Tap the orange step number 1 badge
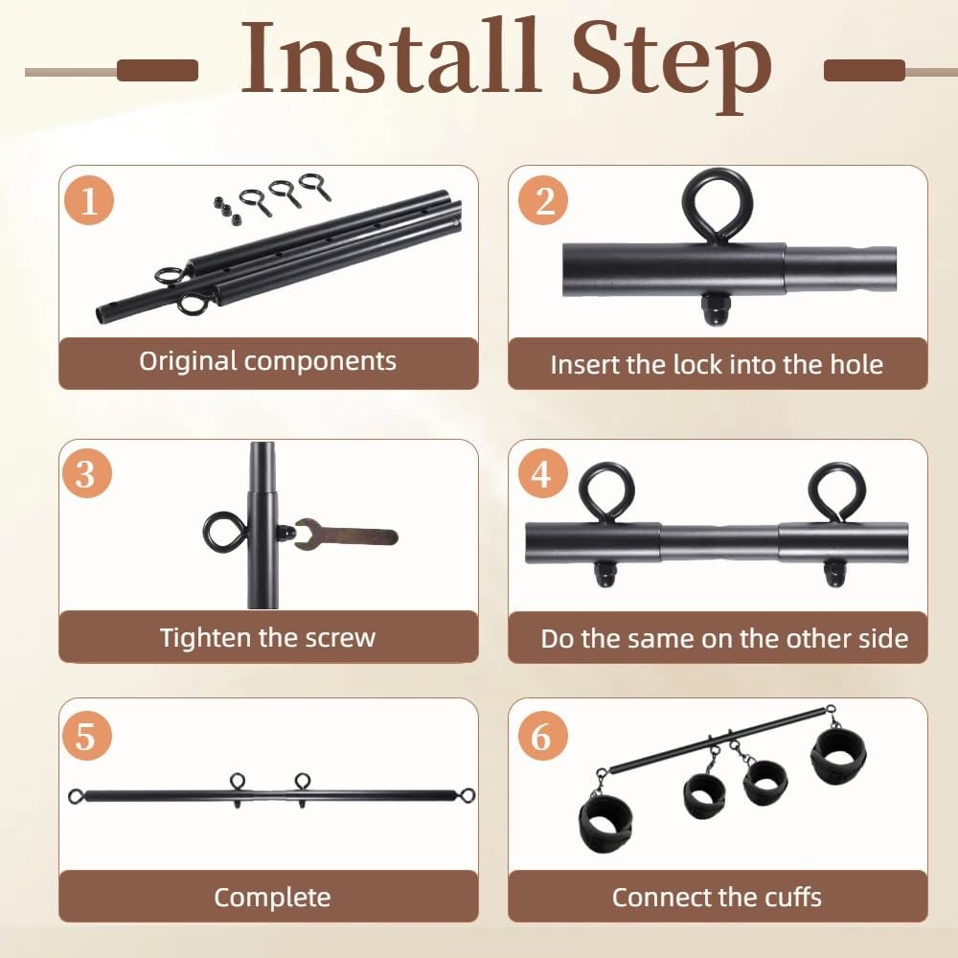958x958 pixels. click(89, 200)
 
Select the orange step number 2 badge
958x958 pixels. click(543, 200)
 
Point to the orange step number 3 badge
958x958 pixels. click(87, 473)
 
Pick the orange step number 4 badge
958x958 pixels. click(542, 473)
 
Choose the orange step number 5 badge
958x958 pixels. click(87, 736)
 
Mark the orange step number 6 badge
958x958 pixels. click(542, 736)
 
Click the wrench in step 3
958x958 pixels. click(346, 536)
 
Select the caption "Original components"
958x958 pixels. click(267, 361)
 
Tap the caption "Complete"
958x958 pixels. click(272, 897)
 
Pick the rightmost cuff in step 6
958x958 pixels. click(838, 754)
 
